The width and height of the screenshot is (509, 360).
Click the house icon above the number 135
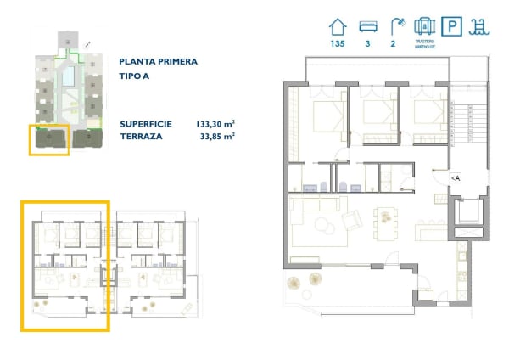click(x=340, y=26)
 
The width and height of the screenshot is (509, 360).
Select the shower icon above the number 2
click(x=395, y=26)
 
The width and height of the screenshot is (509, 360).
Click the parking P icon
click(x=453, y=27)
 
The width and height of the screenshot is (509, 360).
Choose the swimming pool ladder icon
click(x=480, y=27)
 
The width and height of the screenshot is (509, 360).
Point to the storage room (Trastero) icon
click(x=424, y=26)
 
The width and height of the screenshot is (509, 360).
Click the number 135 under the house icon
click(x=340, y=45)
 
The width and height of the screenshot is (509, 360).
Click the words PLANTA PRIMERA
click(x=159, y=62)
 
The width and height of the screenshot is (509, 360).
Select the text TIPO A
click(x=136, y=76)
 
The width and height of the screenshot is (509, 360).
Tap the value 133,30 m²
click(x=215, y=124)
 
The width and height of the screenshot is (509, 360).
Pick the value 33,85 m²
click(x=217, y=136)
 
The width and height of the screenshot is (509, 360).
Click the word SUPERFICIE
click(x=146, y=124)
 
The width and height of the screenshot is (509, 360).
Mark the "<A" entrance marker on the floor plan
click(x=455, y=177)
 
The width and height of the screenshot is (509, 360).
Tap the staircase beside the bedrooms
click(x=465, y=123)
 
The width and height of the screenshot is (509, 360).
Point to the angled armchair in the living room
click(x=351, y=221)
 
